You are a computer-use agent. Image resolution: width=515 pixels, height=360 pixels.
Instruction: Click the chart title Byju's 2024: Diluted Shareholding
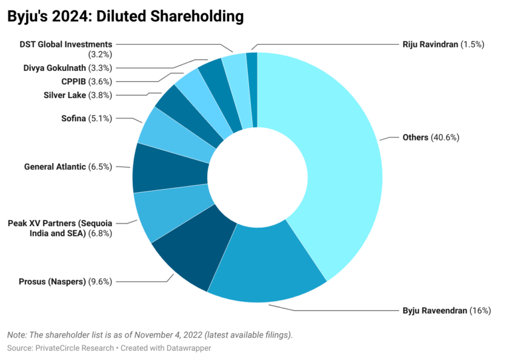pyautogui.click(x=125, y=16)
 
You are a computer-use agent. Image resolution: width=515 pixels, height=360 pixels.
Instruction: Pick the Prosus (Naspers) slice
pyautogui.click(x=188, y=255)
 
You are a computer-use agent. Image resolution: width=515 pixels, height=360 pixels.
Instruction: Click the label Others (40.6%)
pyautogui.click(x=431, y=138)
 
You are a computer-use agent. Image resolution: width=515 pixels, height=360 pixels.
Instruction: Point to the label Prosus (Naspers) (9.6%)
pyautogui.click(x=65, y=281)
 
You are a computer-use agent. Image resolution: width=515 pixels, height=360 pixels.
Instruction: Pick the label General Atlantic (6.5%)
pyautogui.click(x=68, y=167)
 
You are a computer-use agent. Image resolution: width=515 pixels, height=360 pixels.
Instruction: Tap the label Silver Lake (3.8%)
pyautogui.click(x=78, y=95)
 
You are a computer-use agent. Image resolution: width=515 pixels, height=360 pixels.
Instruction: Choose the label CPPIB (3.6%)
pyautogui.click(x=87, y=81)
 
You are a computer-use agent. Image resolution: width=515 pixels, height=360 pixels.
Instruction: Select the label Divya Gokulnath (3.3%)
pyautogui.click(x=68, y=68)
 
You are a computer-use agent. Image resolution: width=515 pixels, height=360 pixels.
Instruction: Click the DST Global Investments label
pyautogui.click(x=66, y=44)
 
